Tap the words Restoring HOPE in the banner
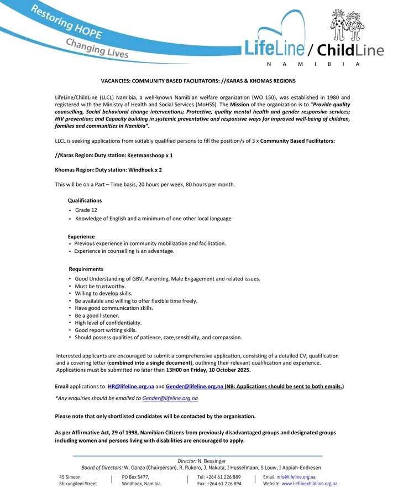[x=66, y=23]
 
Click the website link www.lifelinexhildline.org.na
[x=310, y=483]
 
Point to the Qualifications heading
[x=85, y=200]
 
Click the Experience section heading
[x=81, y=236]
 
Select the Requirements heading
[x=86, y=269]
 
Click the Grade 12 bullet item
[x=86, y=210]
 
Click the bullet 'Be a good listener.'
[x=97, y=315]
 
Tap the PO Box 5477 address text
[x=135, y=476]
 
